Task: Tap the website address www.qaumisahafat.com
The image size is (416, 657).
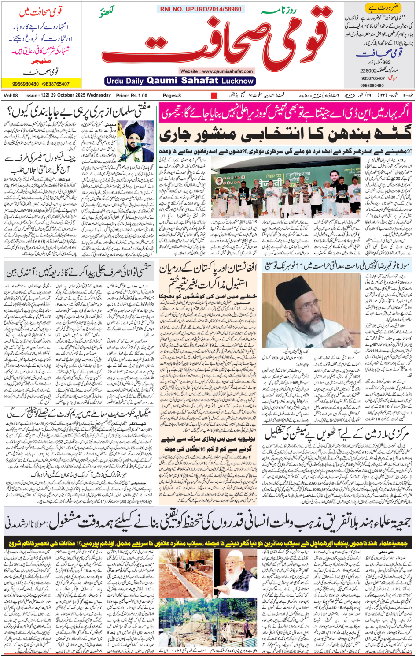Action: point(216,71)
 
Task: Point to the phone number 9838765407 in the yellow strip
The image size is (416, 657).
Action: point(56,84)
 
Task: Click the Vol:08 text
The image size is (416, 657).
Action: point(11,95)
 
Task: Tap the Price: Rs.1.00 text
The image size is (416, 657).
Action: point(132,95)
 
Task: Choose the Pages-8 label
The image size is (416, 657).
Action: point(172,95)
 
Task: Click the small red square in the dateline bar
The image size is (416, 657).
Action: point(214,95)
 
